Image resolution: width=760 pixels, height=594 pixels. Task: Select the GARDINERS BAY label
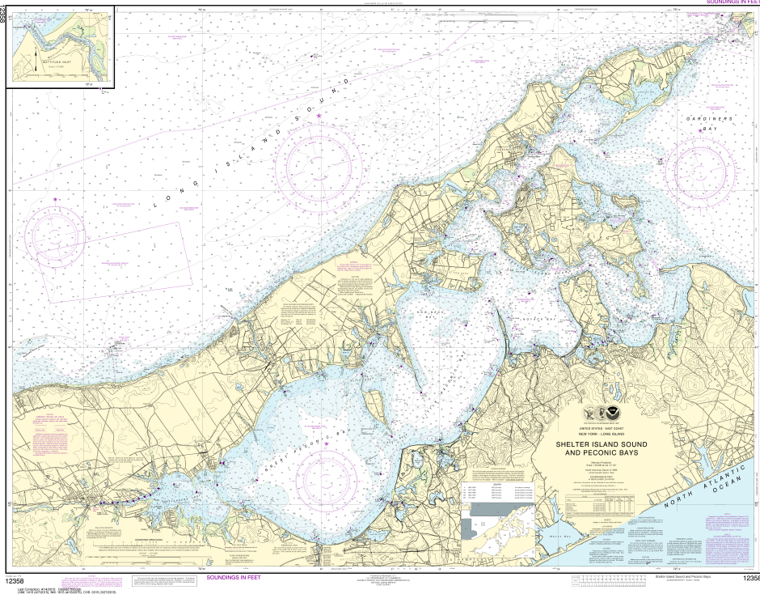click(709, 124)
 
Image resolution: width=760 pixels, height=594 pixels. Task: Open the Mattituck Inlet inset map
click(61, 45)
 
